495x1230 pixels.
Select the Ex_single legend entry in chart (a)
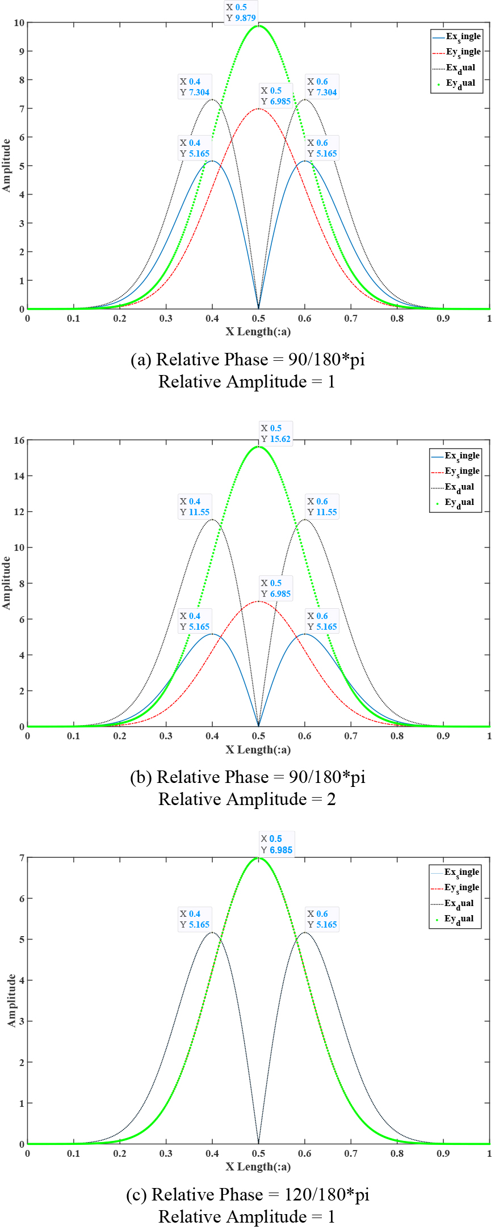pos(457,37)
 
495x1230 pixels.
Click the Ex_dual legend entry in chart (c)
pos(455,903)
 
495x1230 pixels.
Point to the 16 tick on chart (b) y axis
pos(19,440)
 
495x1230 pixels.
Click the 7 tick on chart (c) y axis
pos(22,858)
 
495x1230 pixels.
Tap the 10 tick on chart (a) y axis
pos(19,23)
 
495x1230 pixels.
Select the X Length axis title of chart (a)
pos(258,332)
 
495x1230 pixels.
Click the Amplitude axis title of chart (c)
pos(11,1000)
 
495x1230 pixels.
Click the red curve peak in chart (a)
pos(259,108)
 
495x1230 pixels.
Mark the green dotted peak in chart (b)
pos(259,446)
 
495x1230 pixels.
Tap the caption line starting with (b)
pos(247,777)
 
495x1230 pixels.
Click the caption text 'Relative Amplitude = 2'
pos(247,799)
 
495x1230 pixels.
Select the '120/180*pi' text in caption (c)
pos(326,1194)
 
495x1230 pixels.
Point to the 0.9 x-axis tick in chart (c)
pos(443,1153)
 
